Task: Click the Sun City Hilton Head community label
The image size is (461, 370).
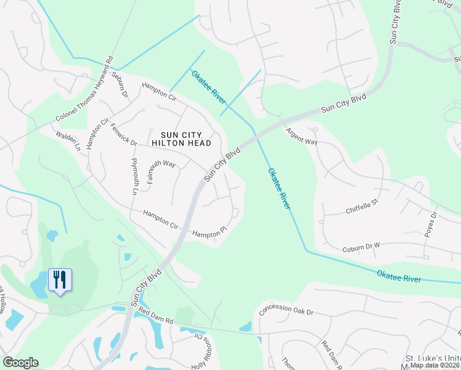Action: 186,138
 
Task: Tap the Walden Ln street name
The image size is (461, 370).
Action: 68,141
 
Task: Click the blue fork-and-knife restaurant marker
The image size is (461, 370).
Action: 60,280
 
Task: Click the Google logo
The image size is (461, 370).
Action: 20,363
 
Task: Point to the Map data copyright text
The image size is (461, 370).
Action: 434,365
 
